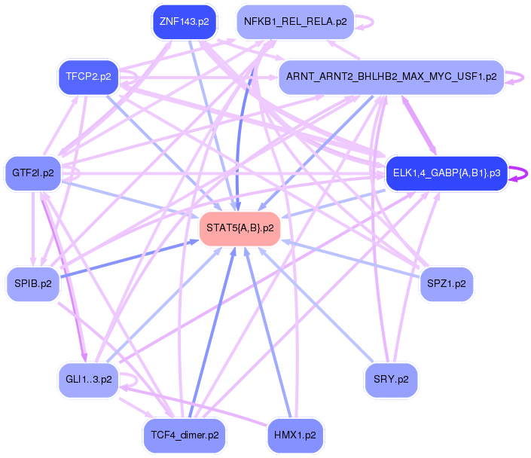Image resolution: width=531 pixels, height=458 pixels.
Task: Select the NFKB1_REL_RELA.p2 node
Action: pyautogui.click(x=294, y=22)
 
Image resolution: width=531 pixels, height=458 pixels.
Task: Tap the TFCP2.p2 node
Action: pyautogui.click(x=88, y=77)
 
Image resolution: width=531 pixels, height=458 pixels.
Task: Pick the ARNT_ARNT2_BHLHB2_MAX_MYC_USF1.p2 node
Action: pyautogui.click(x=391, y=77)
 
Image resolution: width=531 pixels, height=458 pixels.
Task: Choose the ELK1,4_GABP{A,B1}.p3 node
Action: pyautogui.click(x=447, y=173)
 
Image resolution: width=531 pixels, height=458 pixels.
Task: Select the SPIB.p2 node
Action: pyautogui.click(x=33, y=283)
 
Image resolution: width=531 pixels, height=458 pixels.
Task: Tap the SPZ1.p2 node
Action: pyautogui.click(x=447, y=283)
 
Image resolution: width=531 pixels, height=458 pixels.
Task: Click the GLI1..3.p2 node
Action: pyautogui.click(x=88, y=379)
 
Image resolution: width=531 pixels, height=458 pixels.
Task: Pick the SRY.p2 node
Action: pyautogui.click(x=391, y=379)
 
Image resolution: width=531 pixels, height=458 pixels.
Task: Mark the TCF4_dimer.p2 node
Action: pyautogui.click(x=184, y=435)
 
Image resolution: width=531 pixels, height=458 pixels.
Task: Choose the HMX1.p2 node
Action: pyautogui.click(x=294, y=435)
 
